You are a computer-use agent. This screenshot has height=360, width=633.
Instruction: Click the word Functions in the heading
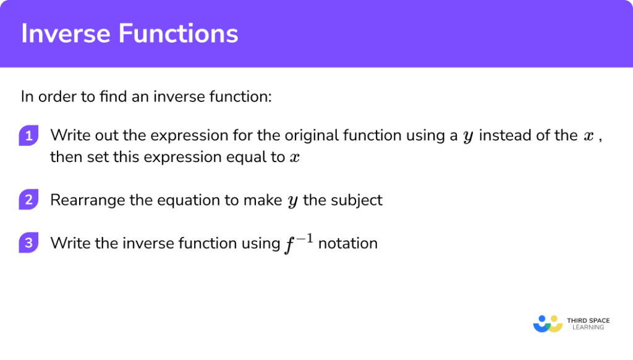coord(173,33)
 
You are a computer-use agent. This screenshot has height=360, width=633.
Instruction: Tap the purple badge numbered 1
coord(29,136)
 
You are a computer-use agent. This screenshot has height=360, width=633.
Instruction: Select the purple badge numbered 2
coord(29,200)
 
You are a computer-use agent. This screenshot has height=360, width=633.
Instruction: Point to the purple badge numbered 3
coord(29,244)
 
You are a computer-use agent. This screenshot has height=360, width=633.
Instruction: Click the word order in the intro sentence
coord(56,97)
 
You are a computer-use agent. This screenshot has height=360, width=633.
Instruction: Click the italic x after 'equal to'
coord(295,158)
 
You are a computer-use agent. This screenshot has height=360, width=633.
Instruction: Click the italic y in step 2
coord(292,202)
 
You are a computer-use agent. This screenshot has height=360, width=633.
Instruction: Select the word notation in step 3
coord(347,244)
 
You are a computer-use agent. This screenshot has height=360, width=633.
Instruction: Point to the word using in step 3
coord(258,244)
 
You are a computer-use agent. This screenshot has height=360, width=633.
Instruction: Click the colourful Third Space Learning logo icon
coord(547,324)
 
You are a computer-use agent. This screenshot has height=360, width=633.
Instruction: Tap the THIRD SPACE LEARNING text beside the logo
coord(588,324)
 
